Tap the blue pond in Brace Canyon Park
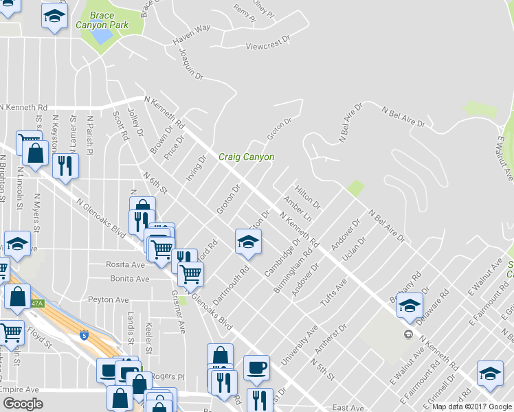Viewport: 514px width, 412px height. click(102, 34)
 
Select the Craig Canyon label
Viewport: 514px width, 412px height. click(246, 157)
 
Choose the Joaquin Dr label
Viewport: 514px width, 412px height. click(191, 62)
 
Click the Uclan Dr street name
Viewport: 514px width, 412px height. click(352, 259)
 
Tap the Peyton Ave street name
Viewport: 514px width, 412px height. click(109, 300)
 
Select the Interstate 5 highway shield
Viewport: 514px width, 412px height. click(84, 336)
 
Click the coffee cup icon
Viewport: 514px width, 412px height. click(256, 366)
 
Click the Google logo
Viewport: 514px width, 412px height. click(23, 404)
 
